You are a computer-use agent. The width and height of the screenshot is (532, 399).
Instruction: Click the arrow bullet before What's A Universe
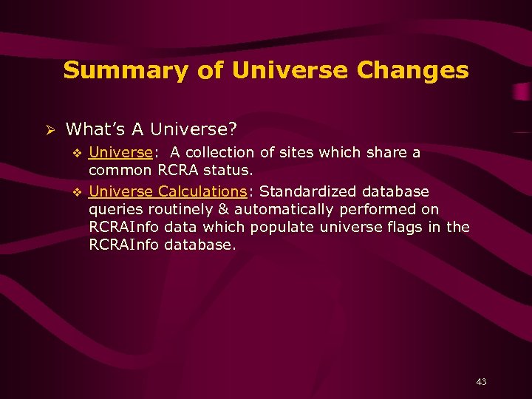coord(50,129)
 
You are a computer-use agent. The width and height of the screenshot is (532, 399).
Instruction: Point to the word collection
coord(218,152)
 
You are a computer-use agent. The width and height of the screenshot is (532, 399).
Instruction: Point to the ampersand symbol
coord(224,209)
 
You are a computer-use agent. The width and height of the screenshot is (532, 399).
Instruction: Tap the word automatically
coord(284,209)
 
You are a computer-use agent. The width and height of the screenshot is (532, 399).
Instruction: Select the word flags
coord(407,227)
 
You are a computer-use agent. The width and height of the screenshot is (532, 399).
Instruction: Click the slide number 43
coord(481,382)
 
